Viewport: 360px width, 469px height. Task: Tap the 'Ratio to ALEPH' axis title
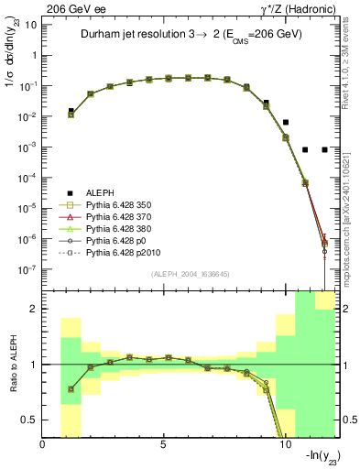(13, 365)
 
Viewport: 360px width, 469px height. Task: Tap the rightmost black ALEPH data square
(325, 149)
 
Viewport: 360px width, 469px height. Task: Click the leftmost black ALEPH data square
(71, 111)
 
